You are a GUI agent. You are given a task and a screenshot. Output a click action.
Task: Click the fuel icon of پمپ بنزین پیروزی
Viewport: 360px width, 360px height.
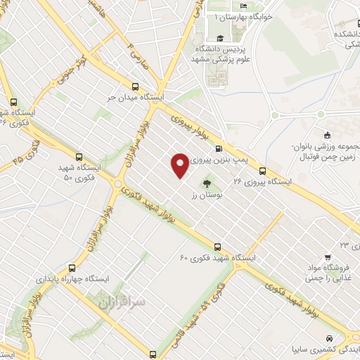219,148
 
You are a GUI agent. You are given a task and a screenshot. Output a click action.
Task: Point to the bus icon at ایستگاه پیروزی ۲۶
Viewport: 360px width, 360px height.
262,171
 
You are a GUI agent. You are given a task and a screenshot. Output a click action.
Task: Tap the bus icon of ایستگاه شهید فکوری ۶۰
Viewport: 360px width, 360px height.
218,247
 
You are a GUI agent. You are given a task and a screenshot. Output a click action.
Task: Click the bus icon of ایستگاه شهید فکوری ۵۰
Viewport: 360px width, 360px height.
77,158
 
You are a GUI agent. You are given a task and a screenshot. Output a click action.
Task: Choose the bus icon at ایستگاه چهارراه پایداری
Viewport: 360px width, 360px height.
72,268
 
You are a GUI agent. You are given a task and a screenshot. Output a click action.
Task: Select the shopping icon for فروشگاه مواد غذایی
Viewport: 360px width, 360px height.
327,257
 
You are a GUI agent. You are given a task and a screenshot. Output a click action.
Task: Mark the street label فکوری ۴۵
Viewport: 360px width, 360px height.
26,151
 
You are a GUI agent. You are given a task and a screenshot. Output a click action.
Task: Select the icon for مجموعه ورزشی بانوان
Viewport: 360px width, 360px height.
327,136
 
